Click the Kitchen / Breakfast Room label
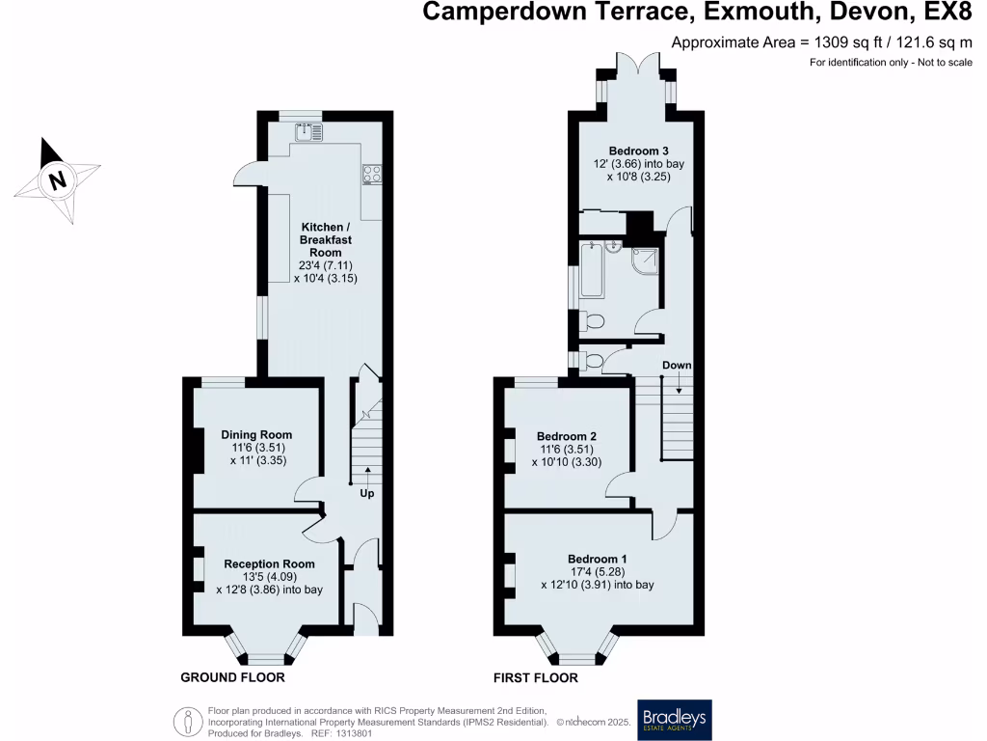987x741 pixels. [x=319, y=239]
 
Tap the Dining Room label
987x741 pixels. [x=256, y=435]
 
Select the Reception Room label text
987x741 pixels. [x=269, y=564]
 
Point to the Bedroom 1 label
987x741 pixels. [x=597, y=560]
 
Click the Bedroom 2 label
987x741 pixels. [x=567, y=436]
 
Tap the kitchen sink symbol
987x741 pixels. [x=309, y=132]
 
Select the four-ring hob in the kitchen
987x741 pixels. [x=371, y=175]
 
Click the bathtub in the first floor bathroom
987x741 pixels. [x=590, y=274]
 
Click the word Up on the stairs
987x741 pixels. [x=367, y=493]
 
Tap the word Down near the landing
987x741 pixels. [x=677, y=366]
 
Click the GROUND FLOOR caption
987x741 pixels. [x=232, y=678]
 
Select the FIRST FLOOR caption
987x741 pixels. [x=536, y=678]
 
